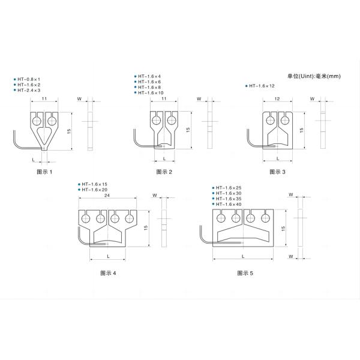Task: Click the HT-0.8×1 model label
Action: pyautogui.click(x=29, y=79)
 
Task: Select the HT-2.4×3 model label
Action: pyautogui.click(x=29, y=90)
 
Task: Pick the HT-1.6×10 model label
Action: pyautogui.click(x=152, y=93)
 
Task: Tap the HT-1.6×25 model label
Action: pyautogui.click(x=229, y=188)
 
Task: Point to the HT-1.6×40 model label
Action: pyautogui.click(x=229, y=205)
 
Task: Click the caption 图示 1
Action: pyautogui.click(x=45, y=172)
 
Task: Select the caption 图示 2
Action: pyautogui.click(x=164, y=172)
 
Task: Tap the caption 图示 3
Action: pyautogui.click(x=277, y=172)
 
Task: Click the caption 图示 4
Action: pyautogui.click(x=107, y=272)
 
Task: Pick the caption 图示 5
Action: pyautogui.click(x=245, y=272)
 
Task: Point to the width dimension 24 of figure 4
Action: pyautogui.click(x=107, y=196)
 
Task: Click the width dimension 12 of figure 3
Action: pyautogui.click(x=277, y=98)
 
